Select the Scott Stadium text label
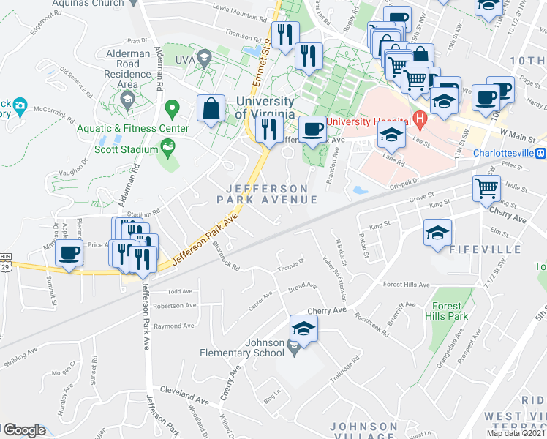(x=126, y=149)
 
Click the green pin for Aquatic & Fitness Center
(x=173, y=110)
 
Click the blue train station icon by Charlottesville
(x=541, y=154)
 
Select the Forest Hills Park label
(x=446, y=312)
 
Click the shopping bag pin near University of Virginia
(x=211, y=109)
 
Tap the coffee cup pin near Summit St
(x=69, y=254)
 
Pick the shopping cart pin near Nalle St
(x=486, y=190)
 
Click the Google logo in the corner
(x=24, y=430)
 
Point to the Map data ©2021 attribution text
(x=516, y=433)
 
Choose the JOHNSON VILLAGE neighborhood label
(x=363, y=431)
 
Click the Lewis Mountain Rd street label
(x=240, y=12)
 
